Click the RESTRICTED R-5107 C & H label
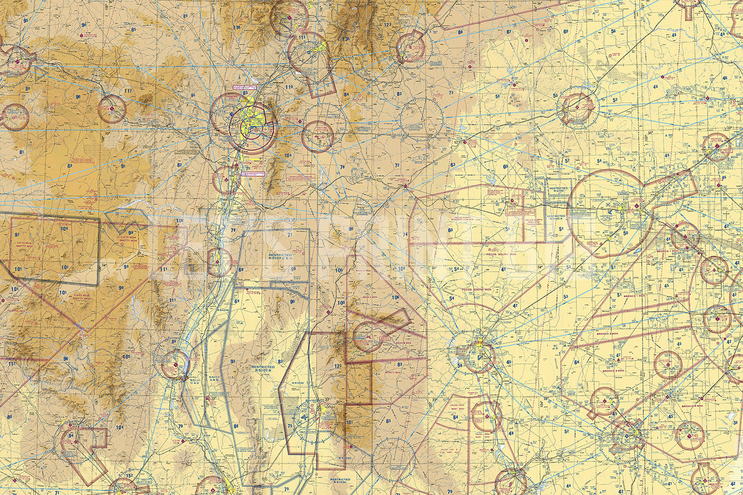(x=280, y=257)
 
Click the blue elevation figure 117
(x=128, y=91)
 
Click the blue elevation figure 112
(x=11, y=364)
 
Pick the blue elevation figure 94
(x=71, y=435)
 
